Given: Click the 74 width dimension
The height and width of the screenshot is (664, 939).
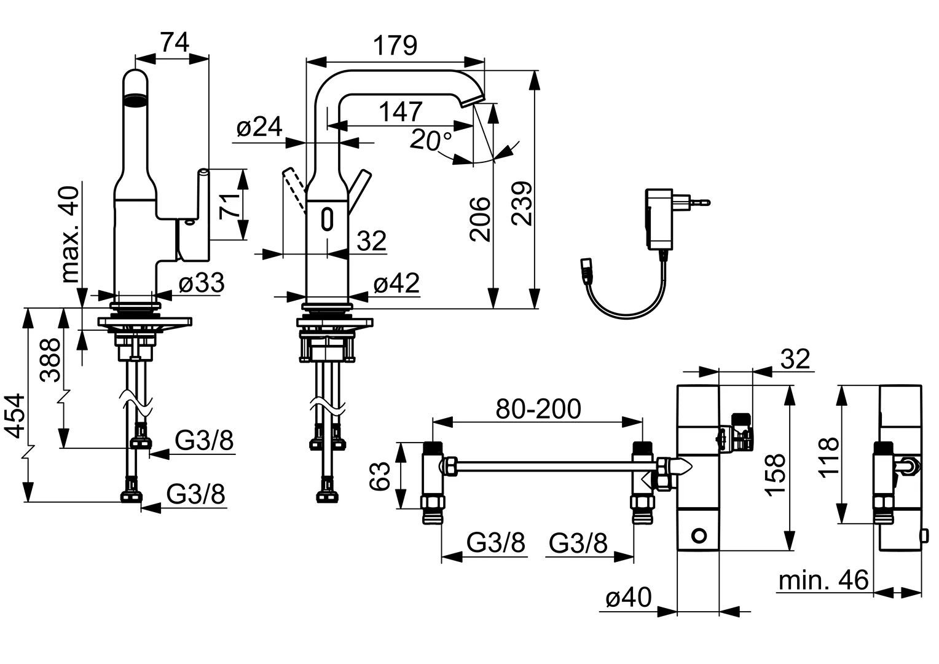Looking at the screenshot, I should (x=175, y=42).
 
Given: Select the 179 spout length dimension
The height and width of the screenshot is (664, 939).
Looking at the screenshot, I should (x=395, y=45).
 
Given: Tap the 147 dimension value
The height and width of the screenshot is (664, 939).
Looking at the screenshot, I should (x=401, y=111).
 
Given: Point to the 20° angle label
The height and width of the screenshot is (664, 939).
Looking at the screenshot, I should (x=431, y=141).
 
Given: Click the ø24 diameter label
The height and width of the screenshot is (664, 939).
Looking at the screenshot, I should (x=259, y=127).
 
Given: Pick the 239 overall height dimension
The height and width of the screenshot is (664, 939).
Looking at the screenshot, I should (x=521, y=204).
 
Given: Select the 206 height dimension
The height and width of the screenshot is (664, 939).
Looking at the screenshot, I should (x=481, y=219).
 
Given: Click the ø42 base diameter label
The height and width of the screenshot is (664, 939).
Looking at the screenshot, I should (x=396, y=283).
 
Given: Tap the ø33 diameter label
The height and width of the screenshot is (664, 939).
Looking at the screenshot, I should (x=202, y=283).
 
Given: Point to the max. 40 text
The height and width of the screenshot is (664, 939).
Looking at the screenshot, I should (x=71, y=233).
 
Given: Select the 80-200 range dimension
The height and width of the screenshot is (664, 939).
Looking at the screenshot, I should (x=538, y=408).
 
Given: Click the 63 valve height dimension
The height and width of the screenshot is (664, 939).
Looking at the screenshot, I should (x=381, y=476).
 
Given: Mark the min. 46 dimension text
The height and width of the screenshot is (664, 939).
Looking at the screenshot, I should (x=823, y=580).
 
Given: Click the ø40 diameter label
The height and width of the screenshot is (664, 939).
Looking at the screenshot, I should (x=628, y=597).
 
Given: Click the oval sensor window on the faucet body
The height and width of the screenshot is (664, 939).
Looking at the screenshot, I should (x=327, y=218).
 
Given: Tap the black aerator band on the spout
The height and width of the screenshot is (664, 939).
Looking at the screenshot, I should (x=136, y=98).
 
